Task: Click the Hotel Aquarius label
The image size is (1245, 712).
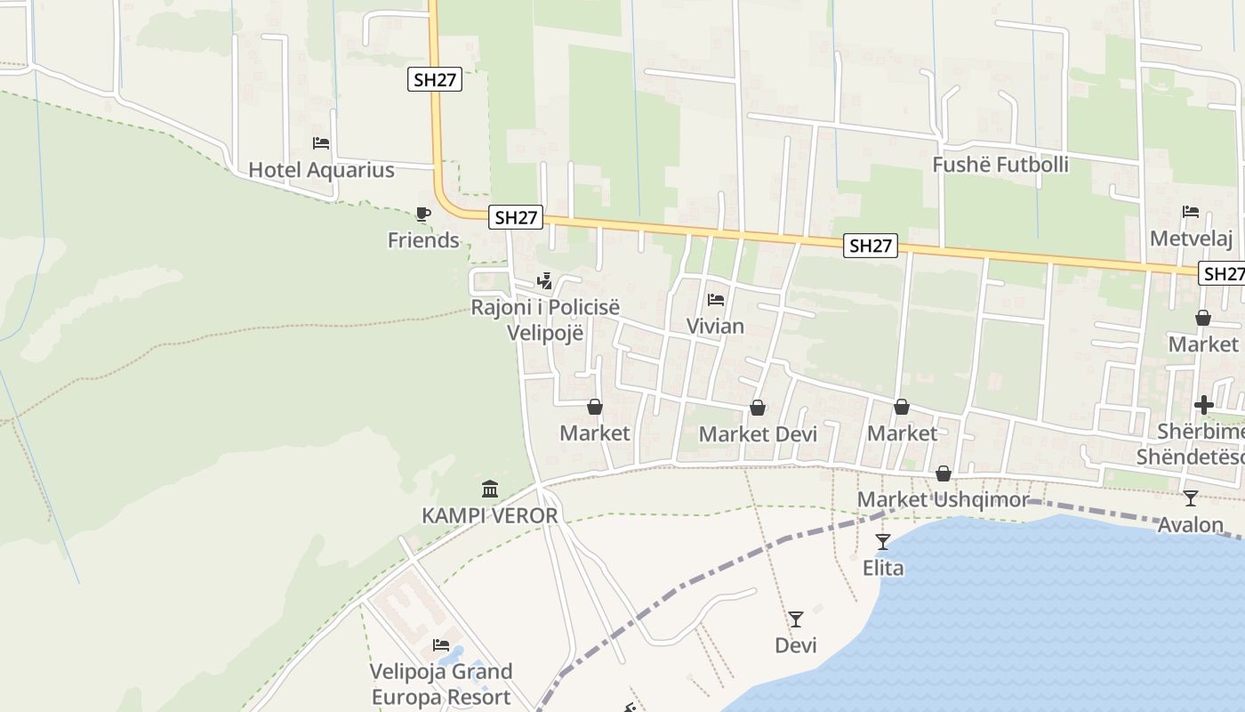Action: [321, 169]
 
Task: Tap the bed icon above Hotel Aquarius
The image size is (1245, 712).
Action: [321, 142]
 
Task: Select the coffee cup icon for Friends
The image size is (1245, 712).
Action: [423, 214]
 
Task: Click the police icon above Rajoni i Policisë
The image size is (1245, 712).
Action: [544, 282]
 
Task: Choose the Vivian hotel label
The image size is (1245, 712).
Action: [715, 326]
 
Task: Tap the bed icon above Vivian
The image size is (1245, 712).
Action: [716, 300]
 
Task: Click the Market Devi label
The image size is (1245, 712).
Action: [758, 433]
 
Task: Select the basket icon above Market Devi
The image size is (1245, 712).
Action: [758, 408]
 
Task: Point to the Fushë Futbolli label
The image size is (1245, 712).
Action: [1000, 165]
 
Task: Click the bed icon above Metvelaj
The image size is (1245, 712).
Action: [1191, 212]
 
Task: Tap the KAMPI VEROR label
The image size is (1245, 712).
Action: [490, 515]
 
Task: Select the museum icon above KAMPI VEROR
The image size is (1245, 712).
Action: [490, 489]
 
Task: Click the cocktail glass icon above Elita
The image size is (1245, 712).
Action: [883, 541]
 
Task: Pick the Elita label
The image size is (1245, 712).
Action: [883, 567]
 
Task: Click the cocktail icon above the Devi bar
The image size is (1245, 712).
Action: [796, 619]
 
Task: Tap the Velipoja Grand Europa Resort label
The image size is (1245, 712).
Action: [441, 684]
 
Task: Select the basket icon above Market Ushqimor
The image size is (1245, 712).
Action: [944, 473]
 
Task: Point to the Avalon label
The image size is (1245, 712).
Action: [1191, 525]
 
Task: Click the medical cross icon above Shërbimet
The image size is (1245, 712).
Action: [1204, 406]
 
